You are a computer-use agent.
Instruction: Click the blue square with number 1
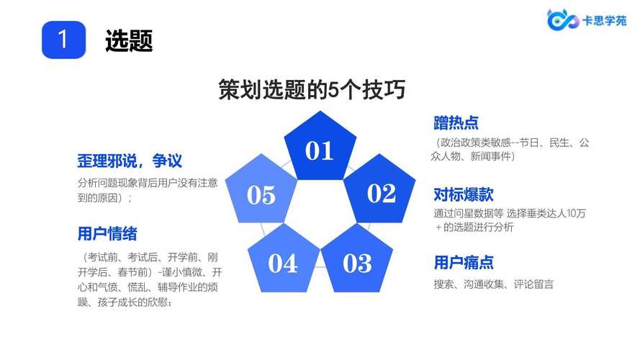[x=63, y=40]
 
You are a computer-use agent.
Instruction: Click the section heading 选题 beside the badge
[x=129, y=40]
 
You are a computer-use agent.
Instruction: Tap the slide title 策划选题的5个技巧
[x=312, y=89]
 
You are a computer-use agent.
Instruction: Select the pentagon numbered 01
[x=320, y=146]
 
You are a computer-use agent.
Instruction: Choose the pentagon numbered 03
[x=357, y=260]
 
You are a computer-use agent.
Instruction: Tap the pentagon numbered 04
[x=283, y=260]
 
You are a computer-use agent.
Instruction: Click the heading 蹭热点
[x=456, y=123]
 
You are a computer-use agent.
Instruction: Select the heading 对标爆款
[x=464, y=194]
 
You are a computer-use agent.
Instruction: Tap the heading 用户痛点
[x=464, y=263]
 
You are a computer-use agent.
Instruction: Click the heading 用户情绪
[x=107, y=234]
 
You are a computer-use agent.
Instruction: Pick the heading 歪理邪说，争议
[x=130, y=161]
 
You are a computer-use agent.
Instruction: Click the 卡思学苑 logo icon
[x=562, y=20]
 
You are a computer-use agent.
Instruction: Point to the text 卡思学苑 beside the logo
[x=605, y=20]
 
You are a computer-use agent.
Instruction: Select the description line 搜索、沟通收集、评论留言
[x=493, y=284]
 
